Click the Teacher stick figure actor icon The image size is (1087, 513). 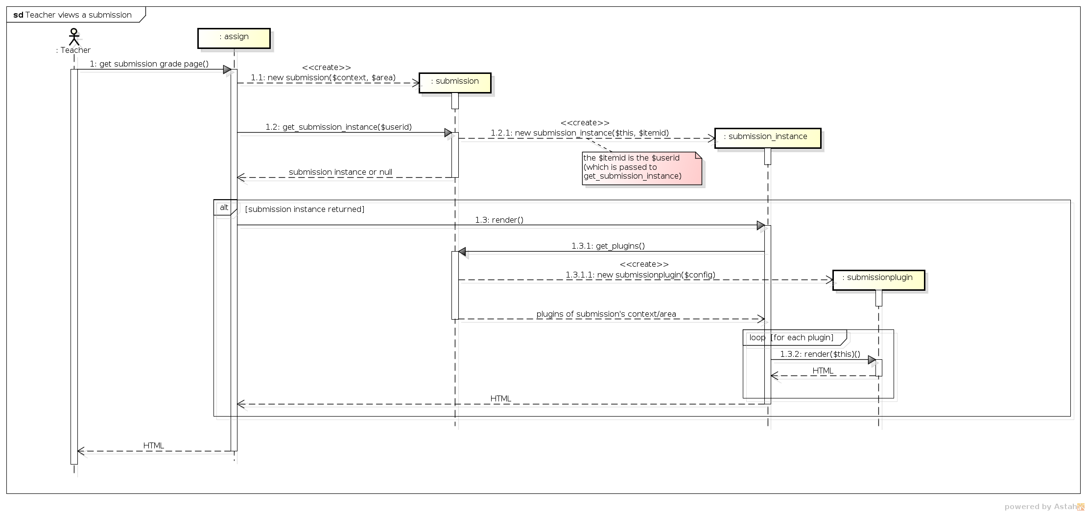click(73, 37)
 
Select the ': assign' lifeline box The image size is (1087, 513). click(234, 38)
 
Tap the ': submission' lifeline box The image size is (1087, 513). click(455, 83)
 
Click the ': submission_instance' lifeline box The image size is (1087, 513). click(768, 138)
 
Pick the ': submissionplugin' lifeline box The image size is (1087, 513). click(879, 280)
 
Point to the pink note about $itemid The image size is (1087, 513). click(642, 168)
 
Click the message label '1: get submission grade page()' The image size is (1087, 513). click(149, 64)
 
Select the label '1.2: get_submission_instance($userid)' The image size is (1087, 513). click(339, 127)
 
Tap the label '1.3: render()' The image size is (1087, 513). click(499, 220)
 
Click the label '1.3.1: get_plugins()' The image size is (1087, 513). click(608, 246)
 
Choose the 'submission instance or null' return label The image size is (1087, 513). click(340, 172)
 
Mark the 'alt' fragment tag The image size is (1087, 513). click(224, 208)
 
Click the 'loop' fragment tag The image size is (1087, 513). click(757, 338)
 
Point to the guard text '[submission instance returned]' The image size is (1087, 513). click(305, 210)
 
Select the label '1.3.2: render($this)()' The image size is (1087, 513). click(820, 354)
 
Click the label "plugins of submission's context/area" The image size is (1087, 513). click(606, 314)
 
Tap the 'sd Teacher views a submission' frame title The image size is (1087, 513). click(72, 15)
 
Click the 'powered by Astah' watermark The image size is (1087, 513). click(1044, 507)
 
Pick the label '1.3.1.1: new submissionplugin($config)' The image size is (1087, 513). click(640, 275)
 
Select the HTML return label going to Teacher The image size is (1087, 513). click(154, 446)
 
